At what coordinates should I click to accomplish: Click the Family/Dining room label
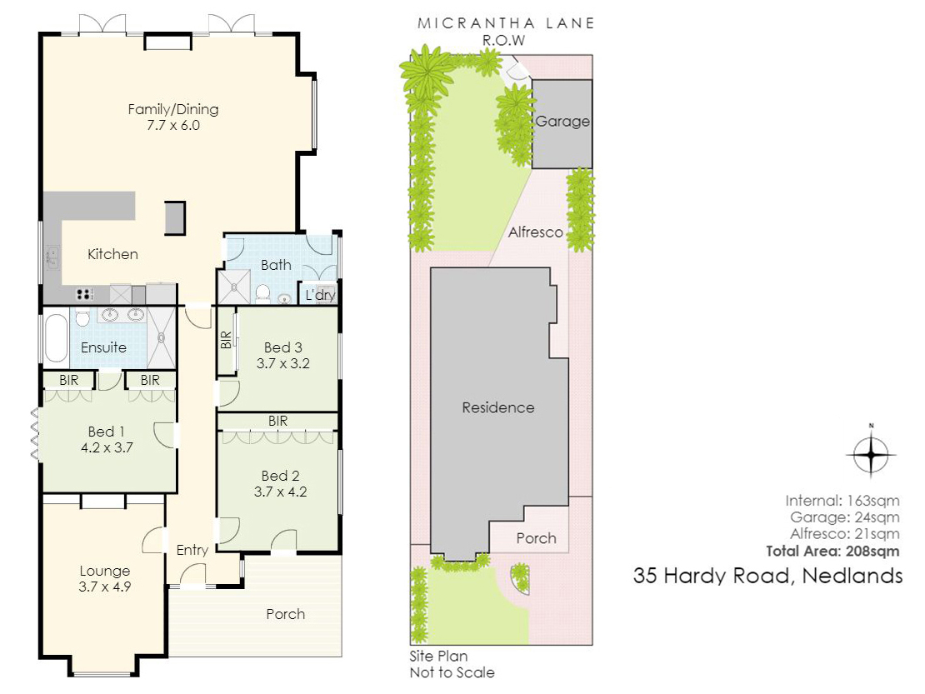173,109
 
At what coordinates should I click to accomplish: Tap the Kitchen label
112,254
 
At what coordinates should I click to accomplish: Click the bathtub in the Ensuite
56,338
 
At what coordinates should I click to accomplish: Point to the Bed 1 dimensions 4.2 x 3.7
107,447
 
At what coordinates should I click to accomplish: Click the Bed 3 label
283,347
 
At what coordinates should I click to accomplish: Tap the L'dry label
320,295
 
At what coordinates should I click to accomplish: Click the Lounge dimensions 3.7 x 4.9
104,587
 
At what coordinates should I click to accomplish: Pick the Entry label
192,550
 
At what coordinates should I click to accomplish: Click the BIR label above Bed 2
277,421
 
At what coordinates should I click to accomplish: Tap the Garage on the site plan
562,124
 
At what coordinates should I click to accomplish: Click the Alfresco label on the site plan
536,232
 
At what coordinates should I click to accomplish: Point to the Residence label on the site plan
498,407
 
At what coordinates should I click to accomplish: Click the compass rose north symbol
872,453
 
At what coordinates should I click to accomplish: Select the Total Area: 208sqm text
833,552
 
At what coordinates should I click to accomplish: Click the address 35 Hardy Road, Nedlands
768,576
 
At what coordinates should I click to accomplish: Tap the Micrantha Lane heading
506,23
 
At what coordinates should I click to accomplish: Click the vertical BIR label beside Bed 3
226,340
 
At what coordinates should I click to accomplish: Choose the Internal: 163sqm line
842,502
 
